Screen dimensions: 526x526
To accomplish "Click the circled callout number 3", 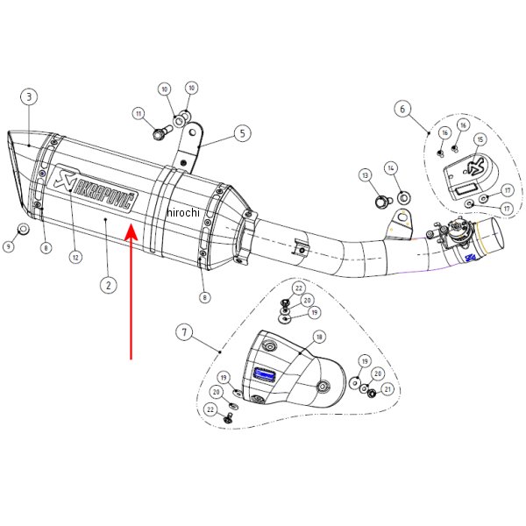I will (x=30, y=96).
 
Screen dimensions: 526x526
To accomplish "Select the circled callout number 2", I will (x=108, y=284).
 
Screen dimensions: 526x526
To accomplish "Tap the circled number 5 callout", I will (x=241, y=134).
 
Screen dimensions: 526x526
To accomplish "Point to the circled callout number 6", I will (x=402, y=109).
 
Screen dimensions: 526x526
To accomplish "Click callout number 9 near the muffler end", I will (x=9, y=247).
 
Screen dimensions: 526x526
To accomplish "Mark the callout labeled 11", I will (x=139, y=113).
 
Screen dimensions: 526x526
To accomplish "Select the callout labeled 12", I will (x=75, y=257).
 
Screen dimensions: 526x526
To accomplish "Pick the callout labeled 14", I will (x=391, y=167).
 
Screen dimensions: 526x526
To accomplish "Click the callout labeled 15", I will (x=480, y=140).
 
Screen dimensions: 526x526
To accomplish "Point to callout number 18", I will (x=319, y=337).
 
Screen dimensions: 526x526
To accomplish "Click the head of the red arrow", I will (x=131, y=230).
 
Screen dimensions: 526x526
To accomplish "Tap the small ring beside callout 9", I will (x=24, y=230).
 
